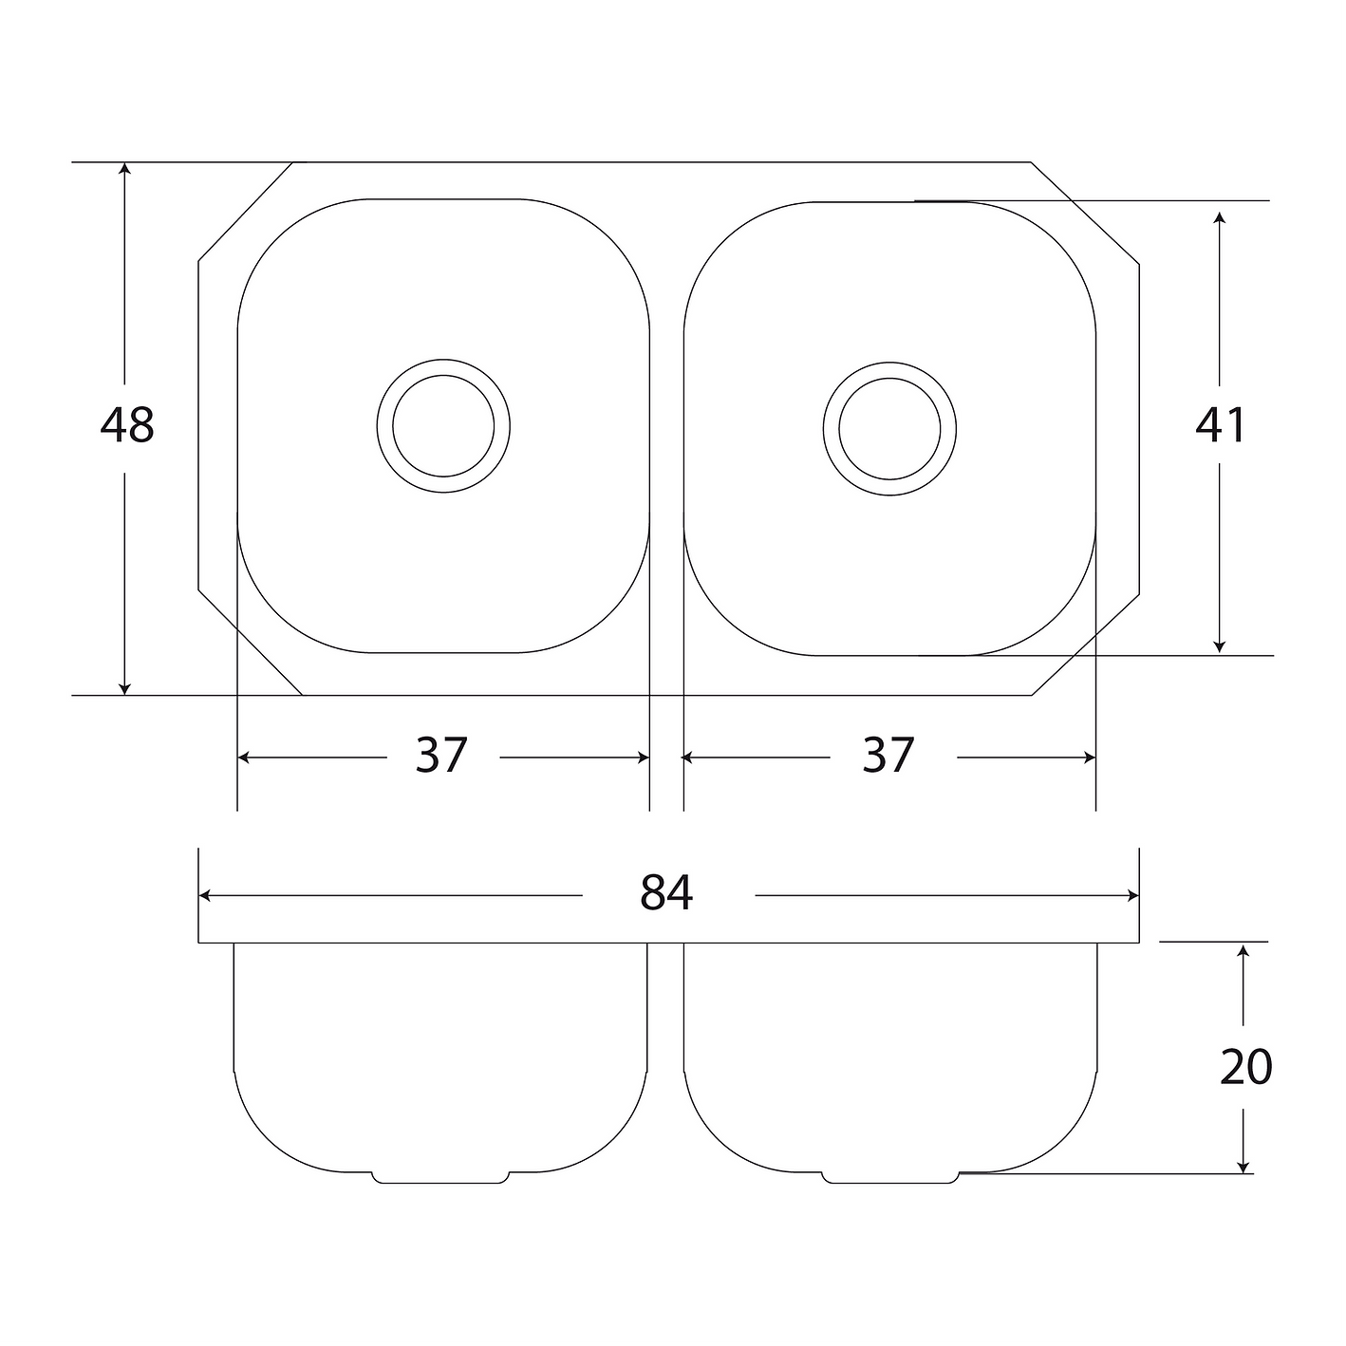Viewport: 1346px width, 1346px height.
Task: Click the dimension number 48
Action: point(127,424)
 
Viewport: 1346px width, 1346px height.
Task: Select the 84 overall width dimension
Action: point(666,892)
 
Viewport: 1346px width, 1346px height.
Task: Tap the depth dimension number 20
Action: point(1246,1067)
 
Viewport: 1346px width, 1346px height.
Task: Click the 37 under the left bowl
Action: point(441,755)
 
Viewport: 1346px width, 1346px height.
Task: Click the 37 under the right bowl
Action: point(888,755)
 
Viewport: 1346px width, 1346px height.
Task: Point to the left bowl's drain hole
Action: point(443,426)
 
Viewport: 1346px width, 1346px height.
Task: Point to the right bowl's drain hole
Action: point(889,429)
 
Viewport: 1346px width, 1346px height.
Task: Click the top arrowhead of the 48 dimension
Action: point(125,168)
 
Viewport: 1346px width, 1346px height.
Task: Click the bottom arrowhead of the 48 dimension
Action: point(125,689)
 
